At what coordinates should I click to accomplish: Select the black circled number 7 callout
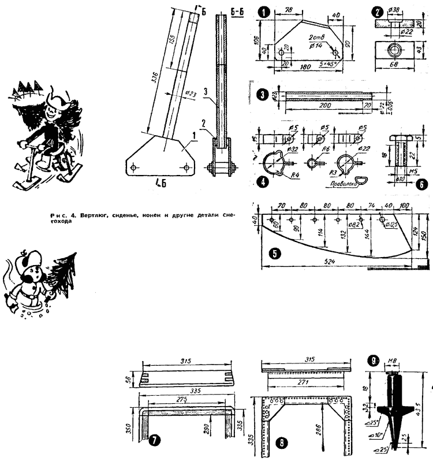click(x=154, y=441)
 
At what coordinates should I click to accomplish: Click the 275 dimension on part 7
click(x=184, y=401)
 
